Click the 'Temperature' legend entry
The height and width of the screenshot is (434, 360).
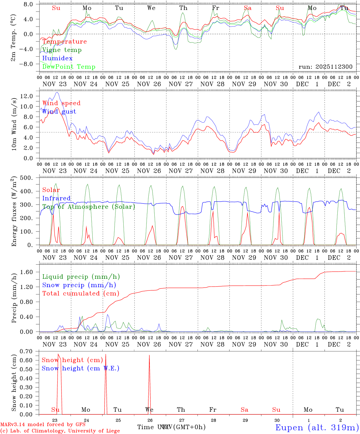click(65, 42)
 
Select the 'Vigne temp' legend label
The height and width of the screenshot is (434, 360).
click(62, 50)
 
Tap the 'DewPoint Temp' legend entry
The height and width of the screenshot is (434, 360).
click(69, 67)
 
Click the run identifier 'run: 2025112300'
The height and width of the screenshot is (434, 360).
click(325, 67)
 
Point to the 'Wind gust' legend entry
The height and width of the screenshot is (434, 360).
click(59, 112)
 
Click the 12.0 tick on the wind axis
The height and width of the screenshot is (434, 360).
click(27, 96)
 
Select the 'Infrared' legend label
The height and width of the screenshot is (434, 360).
click(56, 198)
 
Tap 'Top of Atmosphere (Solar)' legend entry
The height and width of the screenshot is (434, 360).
click(89, 207)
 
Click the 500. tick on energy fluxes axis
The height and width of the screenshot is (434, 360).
click(26, 178)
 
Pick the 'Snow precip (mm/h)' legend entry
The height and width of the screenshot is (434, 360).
click(79, 285)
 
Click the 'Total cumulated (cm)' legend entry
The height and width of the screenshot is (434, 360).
click(81, 294)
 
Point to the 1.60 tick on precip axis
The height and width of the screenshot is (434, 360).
click(27, 272)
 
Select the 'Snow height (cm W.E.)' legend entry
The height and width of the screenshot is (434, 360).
click(81, 368)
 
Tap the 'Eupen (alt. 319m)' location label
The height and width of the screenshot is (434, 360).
click(317, 427)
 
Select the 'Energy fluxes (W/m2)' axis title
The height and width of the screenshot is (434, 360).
click(14, 212)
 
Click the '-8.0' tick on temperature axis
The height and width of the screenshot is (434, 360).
click(26, 64)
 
